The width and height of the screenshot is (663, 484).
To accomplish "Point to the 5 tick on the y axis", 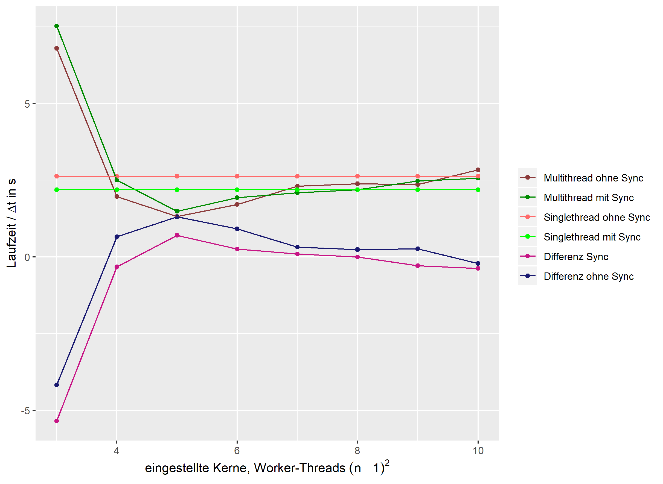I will (27, 104).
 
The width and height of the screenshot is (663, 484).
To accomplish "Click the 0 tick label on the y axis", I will (27, 257).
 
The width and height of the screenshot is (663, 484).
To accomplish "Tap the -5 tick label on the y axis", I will (25, 411).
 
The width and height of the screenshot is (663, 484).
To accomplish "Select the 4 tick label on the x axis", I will (117, 451).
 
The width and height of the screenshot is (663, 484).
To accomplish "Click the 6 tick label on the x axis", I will (237, 451).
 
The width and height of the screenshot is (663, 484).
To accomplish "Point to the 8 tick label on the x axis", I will (357, 451).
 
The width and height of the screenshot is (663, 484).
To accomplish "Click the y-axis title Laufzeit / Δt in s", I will (12, 223).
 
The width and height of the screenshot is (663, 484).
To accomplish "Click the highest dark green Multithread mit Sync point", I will (57, 26).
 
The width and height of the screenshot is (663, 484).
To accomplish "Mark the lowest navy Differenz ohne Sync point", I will (57, 385).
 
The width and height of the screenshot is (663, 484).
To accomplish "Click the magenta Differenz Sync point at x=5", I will (177, 235).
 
